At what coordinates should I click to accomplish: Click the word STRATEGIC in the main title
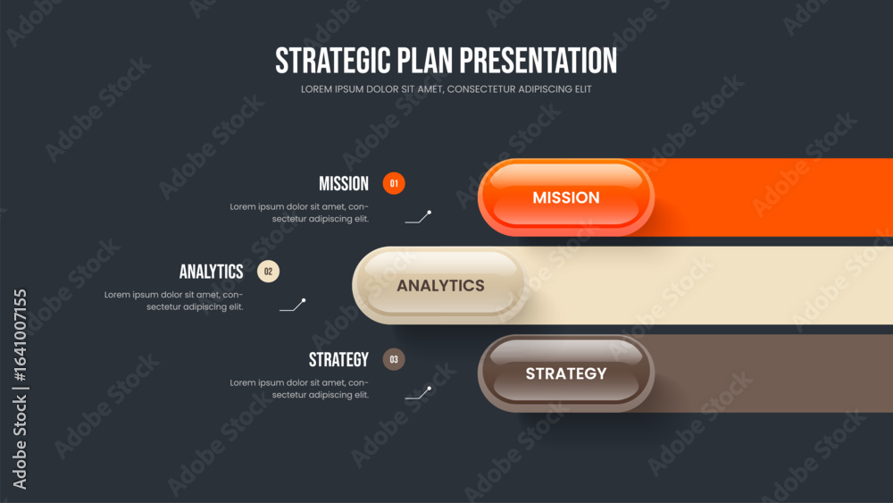(x=333, y=61)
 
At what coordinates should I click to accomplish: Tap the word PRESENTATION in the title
(x=538, y=61)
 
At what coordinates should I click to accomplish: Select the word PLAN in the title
(x=425, y=61)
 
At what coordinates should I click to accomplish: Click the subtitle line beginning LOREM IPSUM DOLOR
(x=446, y=89)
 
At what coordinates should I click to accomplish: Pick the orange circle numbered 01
(x=394, y=183)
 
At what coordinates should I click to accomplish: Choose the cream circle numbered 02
(x=268, y=271)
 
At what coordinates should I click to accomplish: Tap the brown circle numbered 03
(x=394, y=359)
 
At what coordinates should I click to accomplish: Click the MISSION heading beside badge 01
(x=344, y=183)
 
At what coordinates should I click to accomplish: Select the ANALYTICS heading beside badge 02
(x=212, y=272)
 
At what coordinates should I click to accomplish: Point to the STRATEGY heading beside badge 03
(x=338, y=359)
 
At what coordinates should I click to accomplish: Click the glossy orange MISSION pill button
(x=566, y=197)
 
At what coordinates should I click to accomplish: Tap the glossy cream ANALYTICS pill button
(x=440, y=285)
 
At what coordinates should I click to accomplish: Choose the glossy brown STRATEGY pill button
(x=566, y=373)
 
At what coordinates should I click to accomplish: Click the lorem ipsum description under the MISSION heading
(x=299, y=213)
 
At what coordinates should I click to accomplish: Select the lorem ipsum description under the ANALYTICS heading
(x=174, y=301)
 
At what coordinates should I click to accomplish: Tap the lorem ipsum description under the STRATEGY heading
(x=299, y=389)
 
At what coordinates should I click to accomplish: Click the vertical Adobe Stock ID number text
(x=20, y=335)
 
